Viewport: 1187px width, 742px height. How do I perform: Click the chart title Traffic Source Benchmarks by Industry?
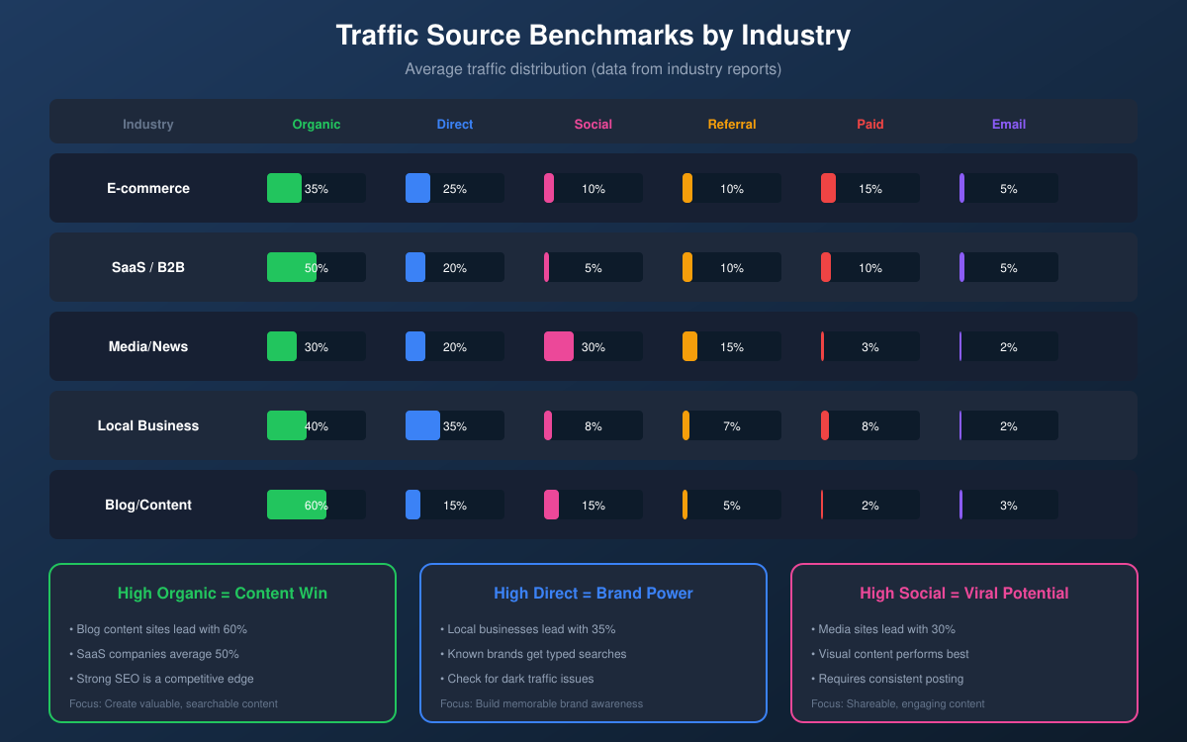(x=593, y=36)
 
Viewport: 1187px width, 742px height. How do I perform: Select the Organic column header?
(x=317, y=125)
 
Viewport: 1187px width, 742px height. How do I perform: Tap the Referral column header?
(x=732, y=125)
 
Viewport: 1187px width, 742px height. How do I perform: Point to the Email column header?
(x=1009, y=125)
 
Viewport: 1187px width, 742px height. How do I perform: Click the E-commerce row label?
(x=148, y=188)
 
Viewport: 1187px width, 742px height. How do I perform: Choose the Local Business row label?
(x=148, y=425)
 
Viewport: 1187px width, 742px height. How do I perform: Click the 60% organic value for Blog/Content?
(x=317, y=506)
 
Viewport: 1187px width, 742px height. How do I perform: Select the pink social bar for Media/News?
(x=559, y=346)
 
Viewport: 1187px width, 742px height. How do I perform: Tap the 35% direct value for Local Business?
(x=455, y=426)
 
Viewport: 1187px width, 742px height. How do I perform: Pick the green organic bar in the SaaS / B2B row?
(x=291, y=267)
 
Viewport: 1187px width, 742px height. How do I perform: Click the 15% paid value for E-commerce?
(x=870, y=189)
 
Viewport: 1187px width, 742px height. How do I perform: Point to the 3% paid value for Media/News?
(x=870, y=347)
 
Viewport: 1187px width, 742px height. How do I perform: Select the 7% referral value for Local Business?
(x=732, y=426)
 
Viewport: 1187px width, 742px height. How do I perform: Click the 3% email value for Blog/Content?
(x=1009, y=506)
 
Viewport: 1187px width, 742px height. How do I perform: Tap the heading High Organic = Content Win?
(x=223, y=594)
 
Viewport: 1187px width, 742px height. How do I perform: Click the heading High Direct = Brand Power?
(x=593, y=594)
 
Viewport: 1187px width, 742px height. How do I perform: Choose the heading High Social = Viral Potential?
(x=964, y=594)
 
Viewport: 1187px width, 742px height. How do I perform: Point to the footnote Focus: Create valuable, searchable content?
(x=173, y=703)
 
